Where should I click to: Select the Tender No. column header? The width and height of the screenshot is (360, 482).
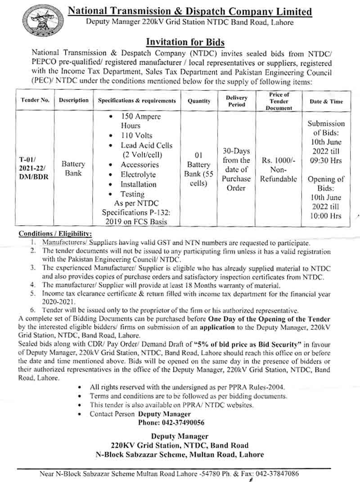tap(35, 101)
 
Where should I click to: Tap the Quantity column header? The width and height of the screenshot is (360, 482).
tap(199, 101)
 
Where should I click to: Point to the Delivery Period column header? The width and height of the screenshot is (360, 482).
tap(236, 101)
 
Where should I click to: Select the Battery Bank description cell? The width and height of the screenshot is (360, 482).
tap(73, 169)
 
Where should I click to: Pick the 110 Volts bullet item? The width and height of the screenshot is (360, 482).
tap(136, 135)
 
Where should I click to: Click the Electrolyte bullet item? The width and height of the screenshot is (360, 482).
tap(138, 174)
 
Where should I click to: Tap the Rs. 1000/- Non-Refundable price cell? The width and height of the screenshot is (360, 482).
tap(279, 169)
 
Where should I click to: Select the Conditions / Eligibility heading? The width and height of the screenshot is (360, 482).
tap(55, 234)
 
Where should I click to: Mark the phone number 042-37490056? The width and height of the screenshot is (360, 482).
tap(171, 423)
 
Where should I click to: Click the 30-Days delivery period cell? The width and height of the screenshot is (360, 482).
tap(236, 169)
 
